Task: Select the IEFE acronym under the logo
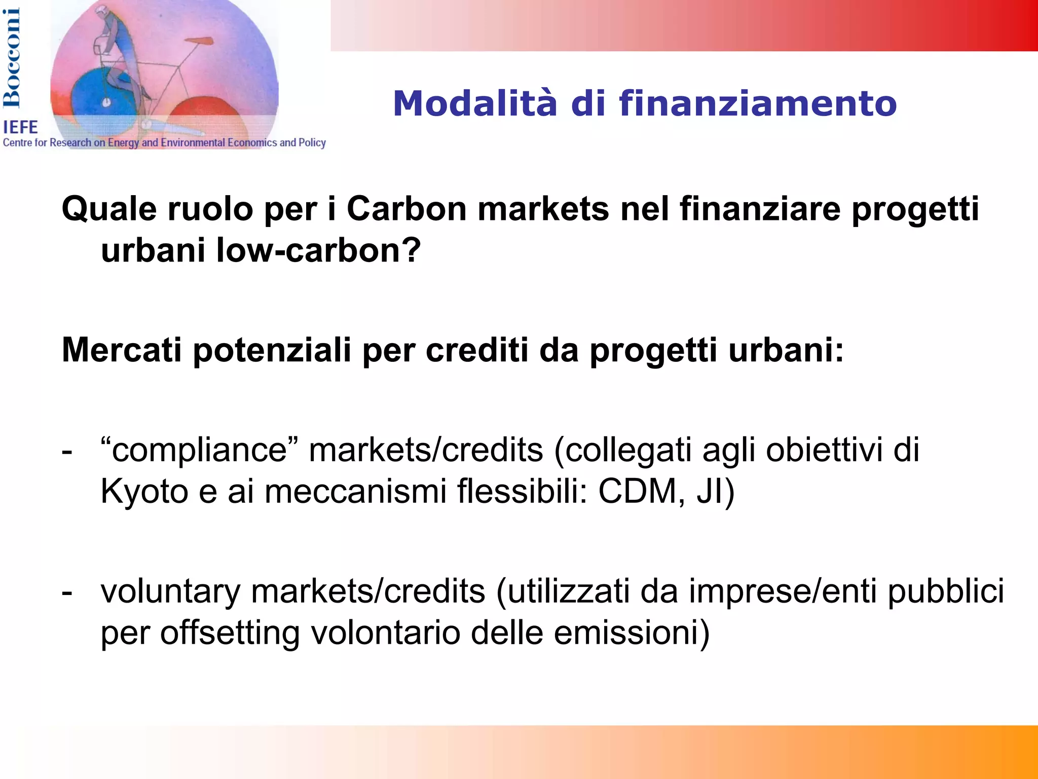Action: pos(21,127)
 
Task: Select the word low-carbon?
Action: pos(319,250)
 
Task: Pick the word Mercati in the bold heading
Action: pos(121,350)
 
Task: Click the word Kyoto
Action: pos(144,491)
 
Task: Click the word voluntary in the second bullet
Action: pos(170,592)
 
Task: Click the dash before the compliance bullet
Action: pos(67,450)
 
